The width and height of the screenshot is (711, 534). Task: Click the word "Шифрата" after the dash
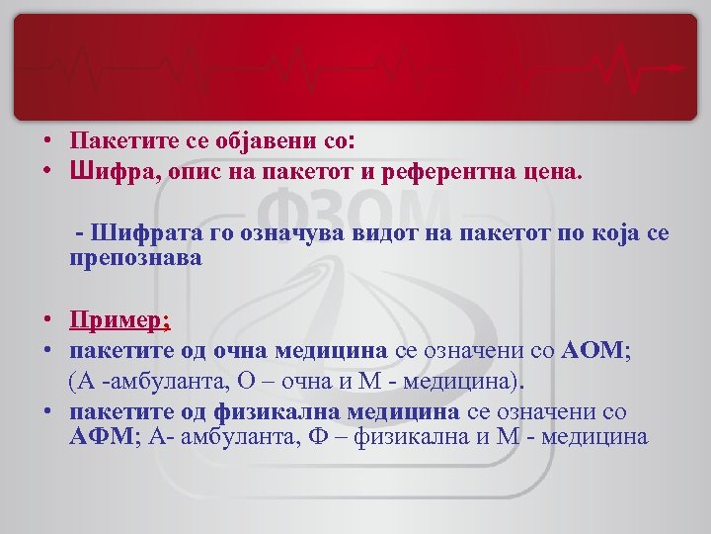pos(136,233)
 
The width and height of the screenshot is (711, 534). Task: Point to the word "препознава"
pos(136,259)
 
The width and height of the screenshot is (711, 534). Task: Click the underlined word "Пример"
pos(117,320)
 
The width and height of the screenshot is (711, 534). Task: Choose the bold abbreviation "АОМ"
pos(592,349)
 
